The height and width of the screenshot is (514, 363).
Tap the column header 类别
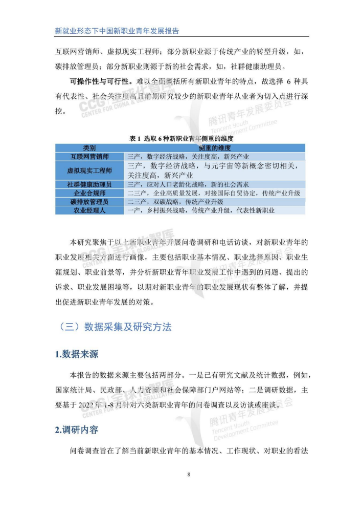tap(89, 147)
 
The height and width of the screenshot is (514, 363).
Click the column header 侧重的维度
tap(213, 147)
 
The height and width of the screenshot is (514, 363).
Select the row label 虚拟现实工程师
tap(89, 170)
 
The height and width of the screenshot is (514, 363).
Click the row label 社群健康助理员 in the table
tap(89, 184)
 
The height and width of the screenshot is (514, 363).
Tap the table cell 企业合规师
tap(89, 193)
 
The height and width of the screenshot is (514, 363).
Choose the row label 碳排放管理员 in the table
tap(89, 202)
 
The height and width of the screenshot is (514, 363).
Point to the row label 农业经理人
tap(89, 210)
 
